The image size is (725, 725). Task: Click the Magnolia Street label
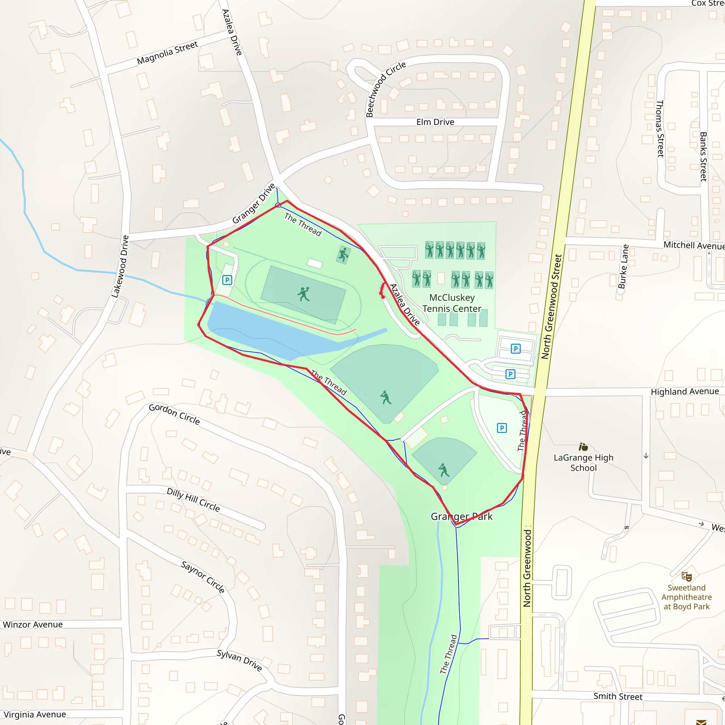167,53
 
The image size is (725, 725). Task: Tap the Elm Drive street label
435,122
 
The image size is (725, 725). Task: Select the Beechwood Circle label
386,89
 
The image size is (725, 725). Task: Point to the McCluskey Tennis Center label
452,303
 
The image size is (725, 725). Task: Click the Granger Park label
462,516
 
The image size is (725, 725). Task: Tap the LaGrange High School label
583,462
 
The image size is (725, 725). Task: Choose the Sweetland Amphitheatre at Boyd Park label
686,597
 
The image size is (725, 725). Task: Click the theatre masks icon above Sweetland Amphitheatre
686,576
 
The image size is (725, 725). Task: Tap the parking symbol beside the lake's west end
227,280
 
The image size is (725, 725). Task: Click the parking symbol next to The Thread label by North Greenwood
502,428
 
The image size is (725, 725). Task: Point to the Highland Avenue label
685,392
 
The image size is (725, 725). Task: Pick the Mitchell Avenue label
694,245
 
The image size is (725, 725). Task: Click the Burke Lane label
623,267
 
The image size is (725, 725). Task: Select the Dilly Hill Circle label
193,499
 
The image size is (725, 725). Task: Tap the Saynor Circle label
203,577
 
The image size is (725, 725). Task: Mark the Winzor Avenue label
33,624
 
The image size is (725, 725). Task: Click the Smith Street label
618,696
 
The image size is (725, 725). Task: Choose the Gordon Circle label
174,414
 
